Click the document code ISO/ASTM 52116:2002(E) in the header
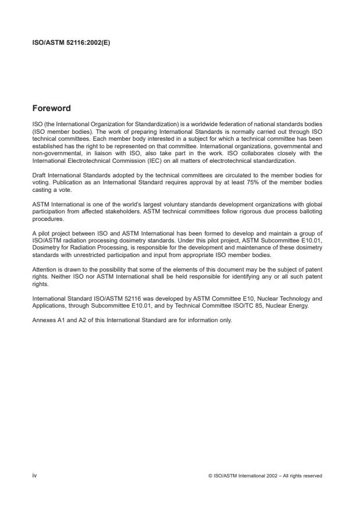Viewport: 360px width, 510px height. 66,42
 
